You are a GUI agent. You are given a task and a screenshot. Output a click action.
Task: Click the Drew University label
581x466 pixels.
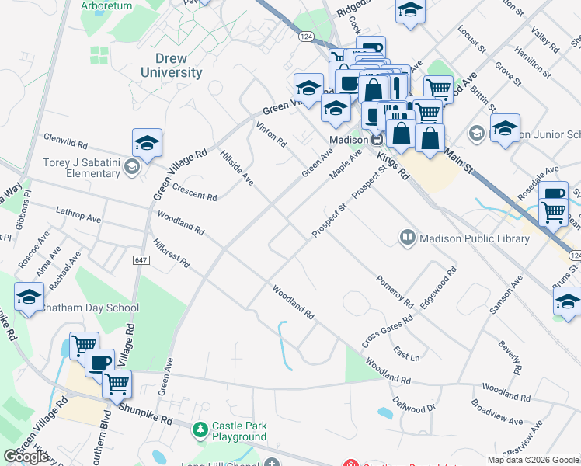pos(172,66)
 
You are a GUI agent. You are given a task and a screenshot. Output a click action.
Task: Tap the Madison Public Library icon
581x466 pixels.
pos(407,237)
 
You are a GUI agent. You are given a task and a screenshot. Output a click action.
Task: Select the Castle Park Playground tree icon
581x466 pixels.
pos(200,429)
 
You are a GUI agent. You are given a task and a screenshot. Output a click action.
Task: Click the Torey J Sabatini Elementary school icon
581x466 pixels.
pos(131,167)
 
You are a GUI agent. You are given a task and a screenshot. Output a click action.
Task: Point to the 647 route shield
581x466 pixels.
pos(140,259)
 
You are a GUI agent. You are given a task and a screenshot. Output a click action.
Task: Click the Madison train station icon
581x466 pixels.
pos(377,139)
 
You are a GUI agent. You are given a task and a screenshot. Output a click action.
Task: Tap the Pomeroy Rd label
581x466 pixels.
pos(394,289)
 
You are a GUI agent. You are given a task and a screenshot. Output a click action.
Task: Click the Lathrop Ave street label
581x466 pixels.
pos(78,215)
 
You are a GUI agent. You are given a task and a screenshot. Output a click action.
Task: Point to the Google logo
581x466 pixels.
pos(26,457)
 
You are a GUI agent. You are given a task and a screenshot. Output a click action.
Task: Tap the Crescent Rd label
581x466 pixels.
pos(194,193)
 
